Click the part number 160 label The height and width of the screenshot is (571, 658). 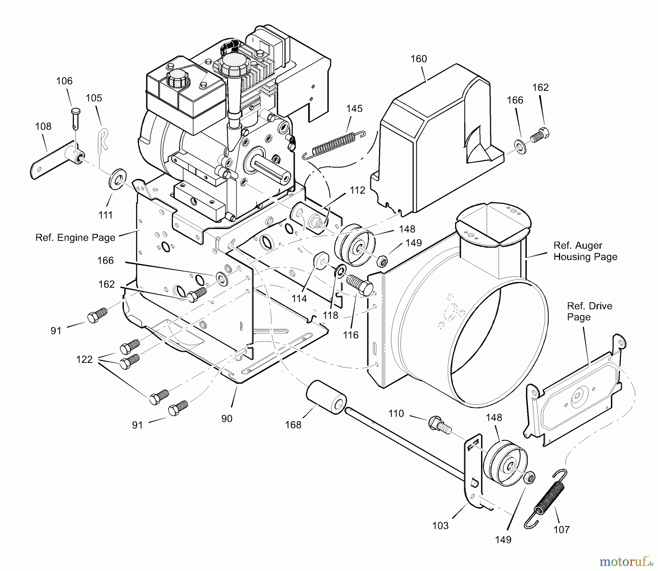pyautogui.click(x=419, y=59)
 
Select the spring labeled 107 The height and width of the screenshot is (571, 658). pyautogui.click(x=547, y=498)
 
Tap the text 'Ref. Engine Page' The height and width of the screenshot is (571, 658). pyautogui.click(x=75, y=237)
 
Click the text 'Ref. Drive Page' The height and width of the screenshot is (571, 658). pyautogui.click(x=589, y=311)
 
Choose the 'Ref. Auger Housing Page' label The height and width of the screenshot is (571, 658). pyautogui.click(x=585, y=251)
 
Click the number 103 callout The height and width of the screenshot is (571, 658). pyautogui.click(x=440, y=526)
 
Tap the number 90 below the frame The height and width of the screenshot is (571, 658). pyautogui.click(x=227, y=419)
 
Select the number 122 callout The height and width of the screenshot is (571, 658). pyautogui.click(x=84, y=359)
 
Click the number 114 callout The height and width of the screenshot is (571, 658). pyautogui.click(x=299, y=298)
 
